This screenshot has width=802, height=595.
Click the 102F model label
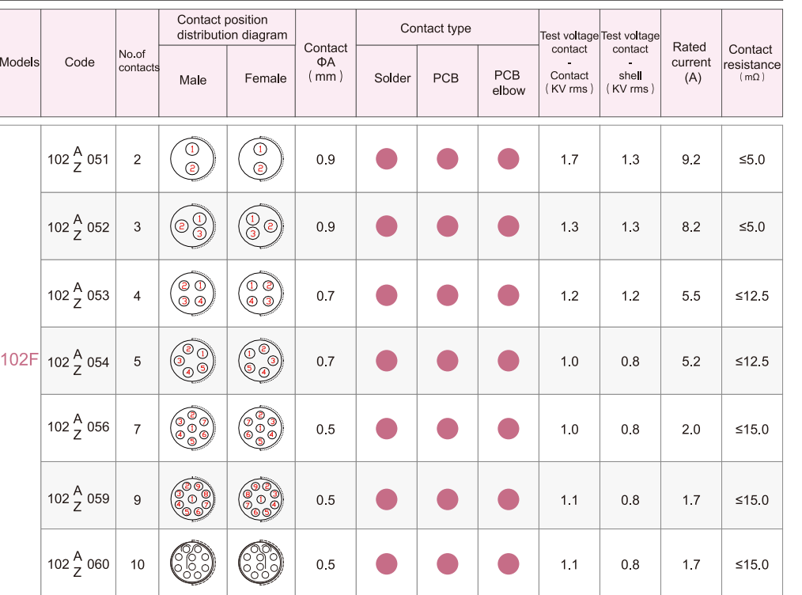click(x=20, y=360)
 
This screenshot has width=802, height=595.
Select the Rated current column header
click(x=690, y=63)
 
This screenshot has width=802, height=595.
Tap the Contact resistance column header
click(x=751, y=63)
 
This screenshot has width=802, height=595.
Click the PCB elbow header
click(x=508, y=83)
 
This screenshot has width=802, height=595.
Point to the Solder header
click(x=392, y=78)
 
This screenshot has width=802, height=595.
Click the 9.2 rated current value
click(x=690, y=160)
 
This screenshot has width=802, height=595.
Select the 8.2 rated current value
click(x=690, y=227)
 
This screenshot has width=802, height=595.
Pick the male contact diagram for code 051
click(x=192, y=159)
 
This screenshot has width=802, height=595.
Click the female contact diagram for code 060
click(x=260, y=564)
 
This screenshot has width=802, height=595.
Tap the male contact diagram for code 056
click(x=192, y=428)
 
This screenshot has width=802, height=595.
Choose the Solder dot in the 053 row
click(x=386, y=295)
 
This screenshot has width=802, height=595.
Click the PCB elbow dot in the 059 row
click(x=509, y=499)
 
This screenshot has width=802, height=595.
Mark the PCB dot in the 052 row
click(x=448, y=226)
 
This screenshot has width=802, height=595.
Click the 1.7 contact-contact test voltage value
click(x=569, y=160)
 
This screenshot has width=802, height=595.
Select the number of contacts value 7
click(x=138, y=430)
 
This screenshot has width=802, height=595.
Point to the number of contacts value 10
click(x=138, y=565)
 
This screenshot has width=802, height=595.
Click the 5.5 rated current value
click(x=690, y=296)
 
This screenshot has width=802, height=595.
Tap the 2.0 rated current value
click(x=690, y=430)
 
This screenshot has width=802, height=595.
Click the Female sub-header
click(x=266, y=78)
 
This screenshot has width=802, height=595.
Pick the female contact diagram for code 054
click(x=260, y=361)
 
